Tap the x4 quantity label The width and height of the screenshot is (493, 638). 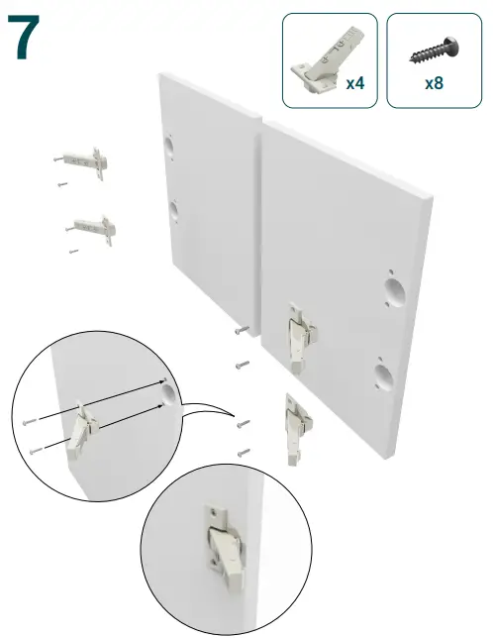point(355,83)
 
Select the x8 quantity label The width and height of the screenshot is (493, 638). point(434,83)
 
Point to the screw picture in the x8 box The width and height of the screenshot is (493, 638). point(435,50)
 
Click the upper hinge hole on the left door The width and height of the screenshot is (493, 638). point(169,147)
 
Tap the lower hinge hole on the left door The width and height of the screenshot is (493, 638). point(174,210)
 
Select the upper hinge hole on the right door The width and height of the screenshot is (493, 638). point(395,292)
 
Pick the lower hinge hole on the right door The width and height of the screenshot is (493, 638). point(384,377)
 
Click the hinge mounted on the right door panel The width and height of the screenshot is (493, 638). point(301,336)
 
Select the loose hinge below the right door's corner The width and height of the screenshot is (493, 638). point(297,429)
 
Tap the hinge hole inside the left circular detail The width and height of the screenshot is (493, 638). point(168,393)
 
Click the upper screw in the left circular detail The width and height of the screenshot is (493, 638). point(30,422)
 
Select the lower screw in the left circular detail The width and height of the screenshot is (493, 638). point(36,450)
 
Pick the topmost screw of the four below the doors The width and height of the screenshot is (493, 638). point(243,330)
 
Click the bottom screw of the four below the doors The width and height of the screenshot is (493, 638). point(244,452)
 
